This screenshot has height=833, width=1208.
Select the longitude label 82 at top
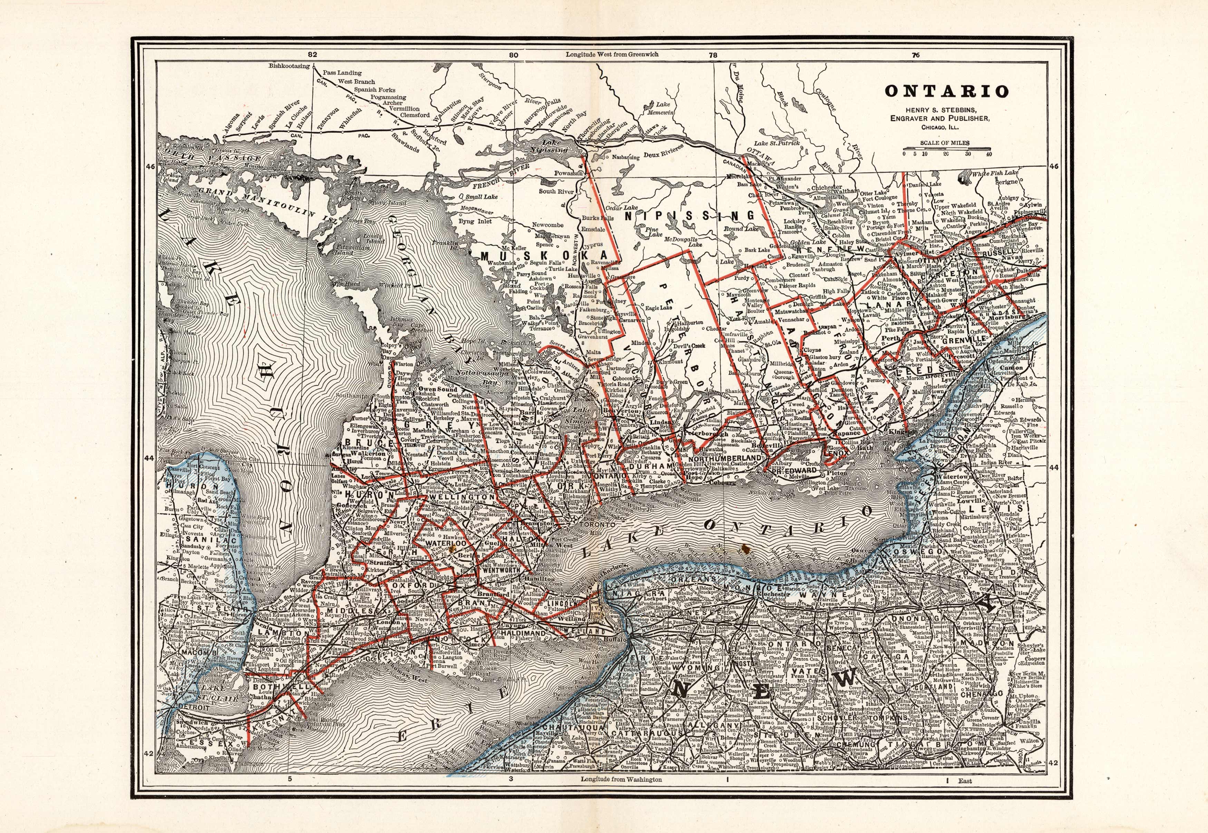[312, 54]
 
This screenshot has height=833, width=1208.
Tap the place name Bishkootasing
[289, 66]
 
